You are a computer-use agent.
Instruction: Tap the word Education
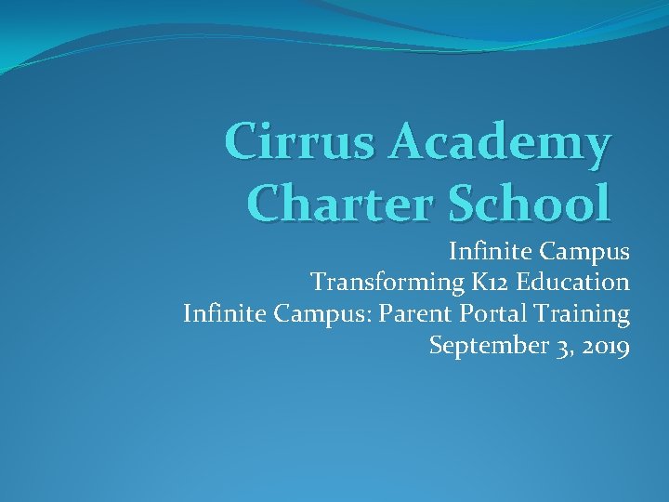[571, 282]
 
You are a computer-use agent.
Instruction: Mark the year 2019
[607, 347]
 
